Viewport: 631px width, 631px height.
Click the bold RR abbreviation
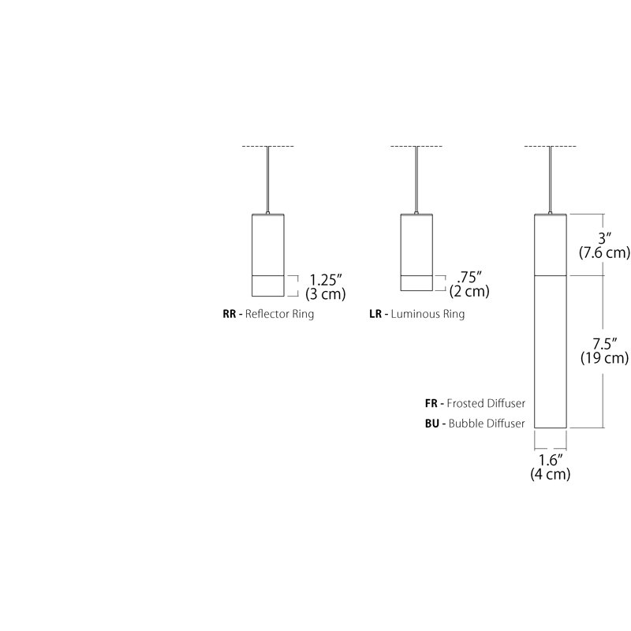pos(230,314)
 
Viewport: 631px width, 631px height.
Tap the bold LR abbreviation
pos(375,314)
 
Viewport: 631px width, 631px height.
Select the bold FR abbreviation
pos(431,403)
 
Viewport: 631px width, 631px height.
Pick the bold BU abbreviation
pos(431,424)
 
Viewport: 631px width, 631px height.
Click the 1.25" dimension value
pos(326,280)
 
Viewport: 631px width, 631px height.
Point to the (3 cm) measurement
pos(326,294)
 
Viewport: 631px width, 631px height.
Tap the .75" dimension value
pos(469,278)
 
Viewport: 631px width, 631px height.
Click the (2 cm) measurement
pos(469,291)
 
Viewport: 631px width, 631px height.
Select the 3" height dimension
pos(604,238)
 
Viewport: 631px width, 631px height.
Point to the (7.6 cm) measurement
pos(604,252)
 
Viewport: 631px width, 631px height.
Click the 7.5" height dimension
pos(604,344)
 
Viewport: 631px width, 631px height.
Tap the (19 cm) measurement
pos(604,358)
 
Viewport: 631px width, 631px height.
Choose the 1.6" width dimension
pos(551,460)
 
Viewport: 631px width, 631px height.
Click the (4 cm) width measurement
pos(551,474)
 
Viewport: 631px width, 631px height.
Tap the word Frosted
pos(465,403)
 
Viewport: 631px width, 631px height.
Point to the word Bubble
pos(463,424)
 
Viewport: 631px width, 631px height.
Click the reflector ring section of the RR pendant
pos(268,286)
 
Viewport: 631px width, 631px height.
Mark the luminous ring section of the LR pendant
pos(416,283)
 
